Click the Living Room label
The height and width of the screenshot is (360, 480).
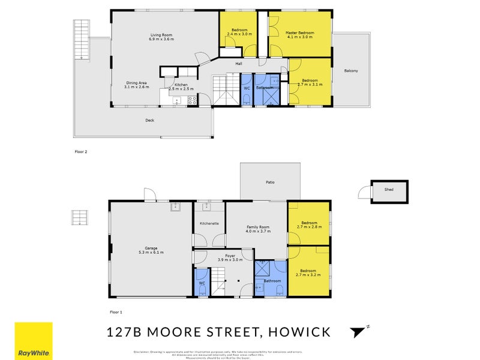(x=162, y=35)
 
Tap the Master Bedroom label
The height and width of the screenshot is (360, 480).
(x=299, y=33)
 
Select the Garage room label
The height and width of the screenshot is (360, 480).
(x=151, y=248)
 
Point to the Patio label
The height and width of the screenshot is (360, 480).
(x=270, y=182)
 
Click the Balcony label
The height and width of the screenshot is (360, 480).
(x=351, y=71)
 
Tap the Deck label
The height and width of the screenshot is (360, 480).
(x=149, y=120)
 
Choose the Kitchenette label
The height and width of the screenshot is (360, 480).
(x=209, y=223)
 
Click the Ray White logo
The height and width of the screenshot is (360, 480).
(x=33, y=341)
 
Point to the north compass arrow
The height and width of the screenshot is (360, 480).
(x=359, y=331)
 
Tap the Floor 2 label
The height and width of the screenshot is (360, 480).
(x=80, y=151)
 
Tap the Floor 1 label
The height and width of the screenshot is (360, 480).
(x=116, y=312)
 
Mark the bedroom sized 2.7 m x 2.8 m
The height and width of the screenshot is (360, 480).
(x=309, y=225)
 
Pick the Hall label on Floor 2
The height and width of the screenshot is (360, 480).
(x=238, y=63)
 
